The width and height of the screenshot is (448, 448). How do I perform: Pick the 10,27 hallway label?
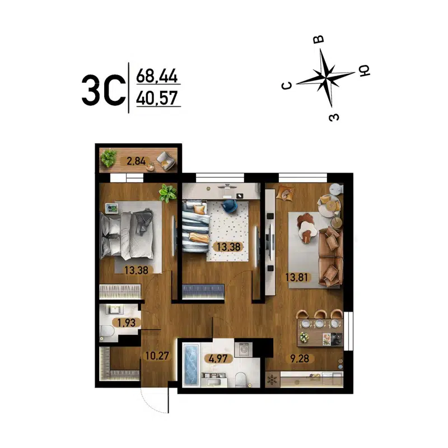156,354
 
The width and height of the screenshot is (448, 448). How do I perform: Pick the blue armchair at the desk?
230,207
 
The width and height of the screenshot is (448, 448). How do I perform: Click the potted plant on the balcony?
109,159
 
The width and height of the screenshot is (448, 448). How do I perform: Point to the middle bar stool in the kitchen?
320,317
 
